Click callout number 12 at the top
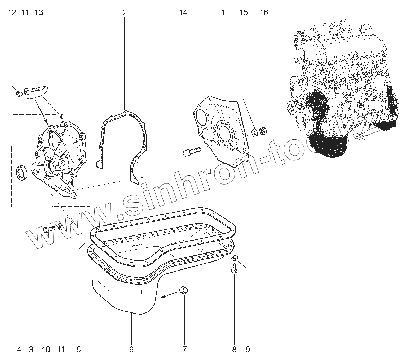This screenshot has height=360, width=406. pyautogui.click(x=12, y=13)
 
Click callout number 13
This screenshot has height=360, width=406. pyautogui.click(x=39, y=13)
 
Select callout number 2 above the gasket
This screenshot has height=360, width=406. pyautogui.click(x=124, y=13)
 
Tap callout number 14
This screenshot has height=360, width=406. pyautogui.click(x=183, y=13)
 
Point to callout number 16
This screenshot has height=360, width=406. pyautogui.click(x=264, y=13)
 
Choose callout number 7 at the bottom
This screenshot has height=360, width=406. pyautogui.click(x=184, y=350)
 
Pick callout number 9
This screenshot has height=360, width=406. pyautogui.click(x=248, y=350)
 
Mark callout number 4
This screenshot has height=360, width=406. pyautogui.click(x=19, y=350)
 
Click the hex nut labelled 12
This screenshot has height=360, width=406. pyautogui.click(x=20, y=93)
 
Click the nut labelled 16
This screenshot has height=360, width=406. pyautogui.click(x=263, y=131)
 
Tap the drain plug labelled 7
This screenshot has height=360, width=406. pyautogui.click(x=184, y=291)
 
